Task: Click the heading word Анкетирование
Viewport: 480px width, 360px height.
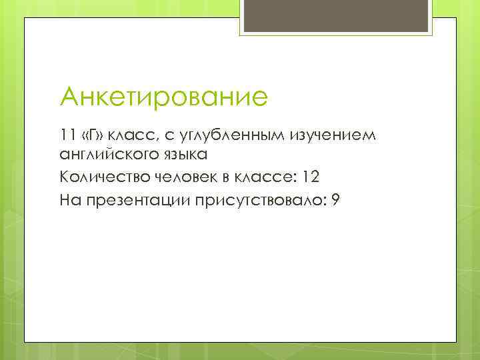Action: [x=163, y=97]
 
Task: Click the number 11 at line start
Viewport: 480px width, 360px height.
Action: [x=67, y=135]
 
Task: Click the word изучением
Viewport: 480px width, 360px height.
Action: [x=334, y=136]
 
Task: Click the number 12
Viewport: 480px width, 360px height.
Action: [x=311, y=178]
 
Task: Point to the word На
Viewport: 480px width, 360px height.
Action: [x=69, y=199]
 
